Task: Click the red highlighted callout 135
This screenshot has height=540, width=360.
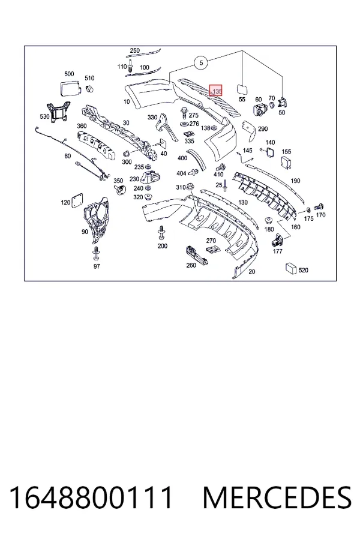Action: pos(217,90)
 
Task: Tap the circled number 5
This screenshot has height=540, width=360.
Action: pos(201,62)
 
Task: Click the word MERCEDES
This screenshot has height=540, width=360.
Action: pos(277,497)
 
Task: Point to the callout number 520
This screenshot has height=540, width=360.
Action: pos(303,271)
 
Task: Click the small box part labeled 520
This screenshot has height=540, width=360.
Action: pos(291,268)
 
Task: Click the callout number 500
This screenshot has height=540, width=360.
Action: pos(69,74)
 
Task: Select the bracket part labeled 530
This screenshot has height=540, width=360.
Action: pos(59,112)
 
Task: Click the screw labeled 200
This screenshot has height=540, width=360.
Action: pos(161,233)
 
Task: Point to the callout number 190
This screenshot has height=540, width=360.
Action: pos(295,181)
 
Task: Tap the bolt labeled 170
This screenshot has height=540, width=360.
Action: pos(319,207)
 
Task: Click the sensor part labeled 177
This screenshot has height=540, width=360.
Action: pos(277,239)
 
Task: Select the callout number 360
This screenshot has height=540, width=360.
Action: pos(82,126)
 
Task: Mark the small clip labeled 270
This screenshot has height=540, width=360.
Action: pos(213,250)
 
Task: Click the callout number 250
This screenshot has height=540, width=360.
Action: pos(134,50)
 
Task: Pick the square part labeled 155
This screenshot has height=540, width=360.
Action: pos(287,163)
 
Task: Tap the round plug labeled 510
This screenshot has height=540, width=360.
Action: pos(90,89)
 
